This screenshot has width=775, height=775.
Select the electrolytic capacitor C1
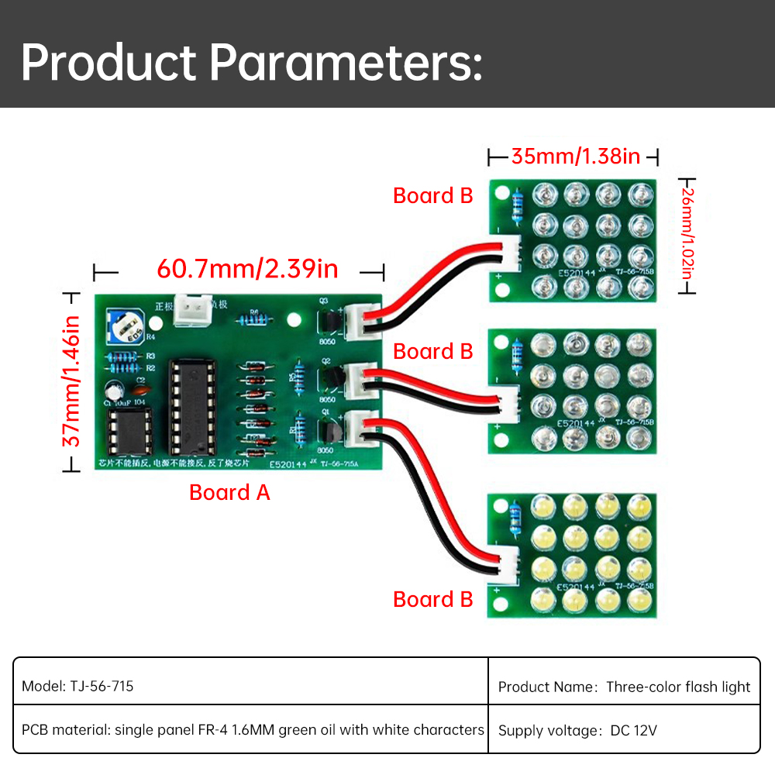point(112,392)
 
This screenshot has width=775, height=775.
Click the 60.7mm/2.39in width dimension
point(247,269)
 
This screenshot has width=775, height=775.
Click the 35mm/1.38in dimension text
point(575,157)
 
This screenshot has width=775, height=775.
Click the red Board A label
point(229,493)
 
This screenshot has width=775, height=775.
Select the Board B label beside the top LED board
point(432,196)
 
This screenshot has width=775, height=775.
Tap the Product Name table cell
point(624,686)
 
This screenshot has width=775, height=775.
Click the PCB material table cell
point(252,729)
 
